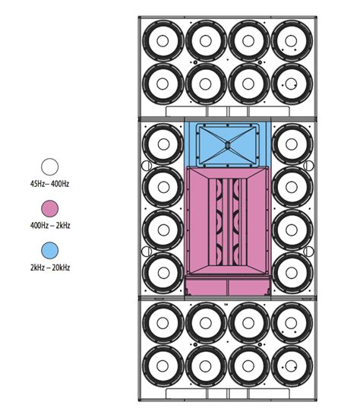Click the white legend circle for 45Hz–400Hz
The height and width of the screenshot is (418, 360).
(x=50, y=168)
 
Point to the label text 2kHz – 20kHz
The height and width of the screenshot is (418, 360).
(x=50, y=268)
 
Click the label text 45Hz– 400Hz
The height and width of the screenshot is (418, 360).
(x=50, y=183)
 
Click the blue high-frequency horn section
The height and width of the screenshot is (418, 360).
(x=227, y=144)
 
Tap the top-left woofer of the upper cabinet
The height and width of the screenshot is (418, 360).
(x=163, y=37)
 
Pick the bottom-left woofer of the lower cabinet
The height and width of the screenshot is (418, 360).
(x=163, y=366)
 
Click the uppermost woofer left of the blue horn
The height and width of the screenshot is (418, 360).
(x=163, y=141)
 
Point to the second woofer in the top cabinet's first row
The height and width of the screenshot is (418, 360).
(x=205, y=37)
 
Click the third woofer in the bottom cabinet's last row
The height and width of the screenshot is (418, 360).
(x=248, y=366)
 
